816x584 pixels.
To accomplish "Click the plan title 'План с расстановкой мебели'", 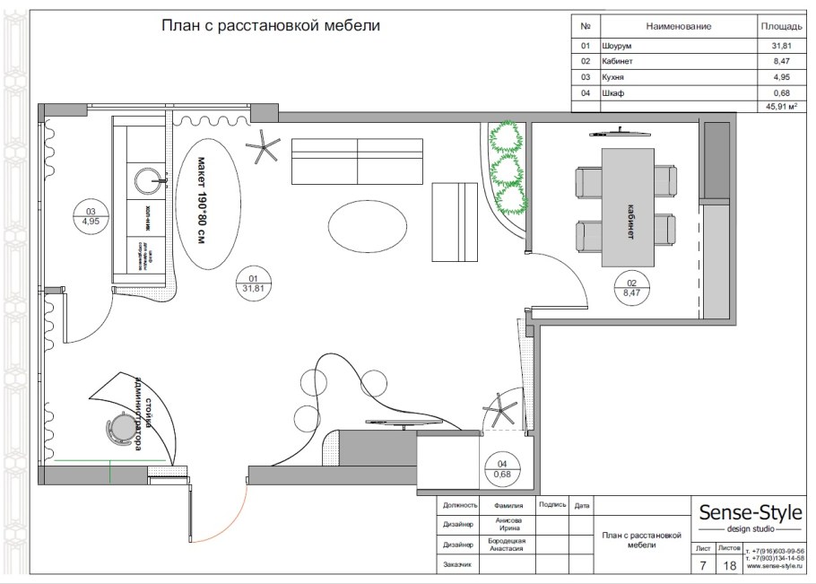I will coord(270,26).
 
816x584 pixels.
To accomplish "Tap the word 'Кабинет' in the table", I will coord(610,61).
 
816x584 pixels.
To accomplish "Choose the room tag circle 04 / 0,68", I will coord(503,469).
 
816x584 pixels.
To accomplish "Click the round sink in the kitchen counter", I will coord(150,180).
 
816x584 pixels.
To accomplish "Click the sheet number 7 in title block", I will coord(702,565).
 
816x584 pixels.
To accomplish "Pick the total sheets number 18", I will coord(729,565).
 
